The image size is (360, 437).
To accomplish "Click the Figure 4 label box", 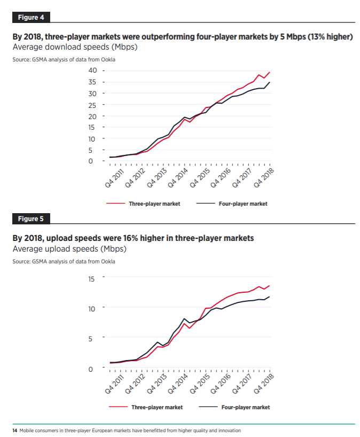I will pyautogui.click(x=31, y=17).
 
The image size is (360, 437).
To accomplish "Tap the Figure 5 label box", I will pyautogui.click(x=31, y=219).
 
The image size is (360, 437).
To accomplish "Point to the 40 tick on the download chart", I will pyautogui.click(x=92, y=71).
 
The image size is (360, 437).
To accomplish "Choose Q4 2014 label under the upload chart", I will pyautogui.click(x=178, y=384).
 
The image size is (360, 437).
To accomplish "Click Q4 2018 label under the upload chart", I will pyautogui.click(x=264, y=384).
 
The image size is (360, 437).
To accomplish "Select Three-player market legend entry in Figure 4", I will pyautogui.click(x=154, y=204).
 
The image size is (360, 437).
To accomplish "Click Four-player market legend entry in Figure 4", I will pyautogui.click(x=243, y=204).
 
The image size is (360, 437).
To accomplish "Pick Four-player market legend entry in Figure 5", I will pyautogui.click(x=245, y=407).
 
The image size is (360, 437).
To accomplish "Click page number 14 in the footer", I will pyautogui.click(x=15, y=430).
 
